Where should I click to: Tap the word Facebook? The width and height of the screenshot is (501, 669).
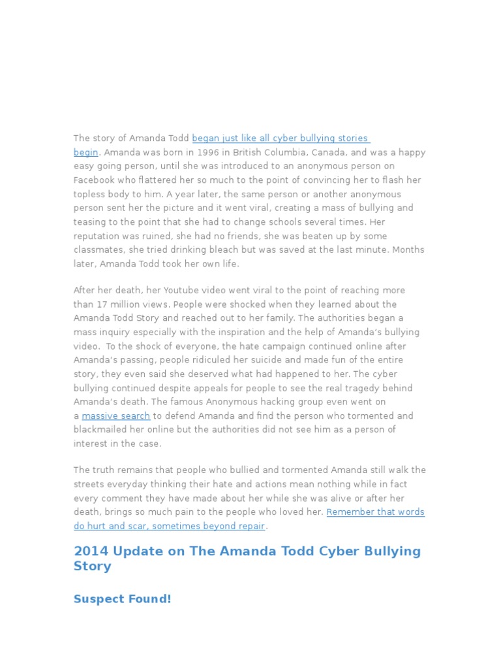(x=94, y=180)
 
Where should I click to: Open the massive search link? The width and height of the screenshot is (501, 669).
(x=116, y=416)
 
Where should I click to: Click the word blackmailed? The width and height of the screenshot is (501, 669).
(x=97, y=430)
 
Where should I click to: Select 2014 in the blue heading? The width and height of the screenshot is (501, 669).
(x=91, y=551)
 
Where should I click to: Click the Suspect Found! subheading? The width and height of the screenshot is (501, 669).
(x=123, y=598)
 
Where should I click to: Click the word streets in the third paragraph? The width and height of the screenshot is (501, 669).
(x=89, y=484)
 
